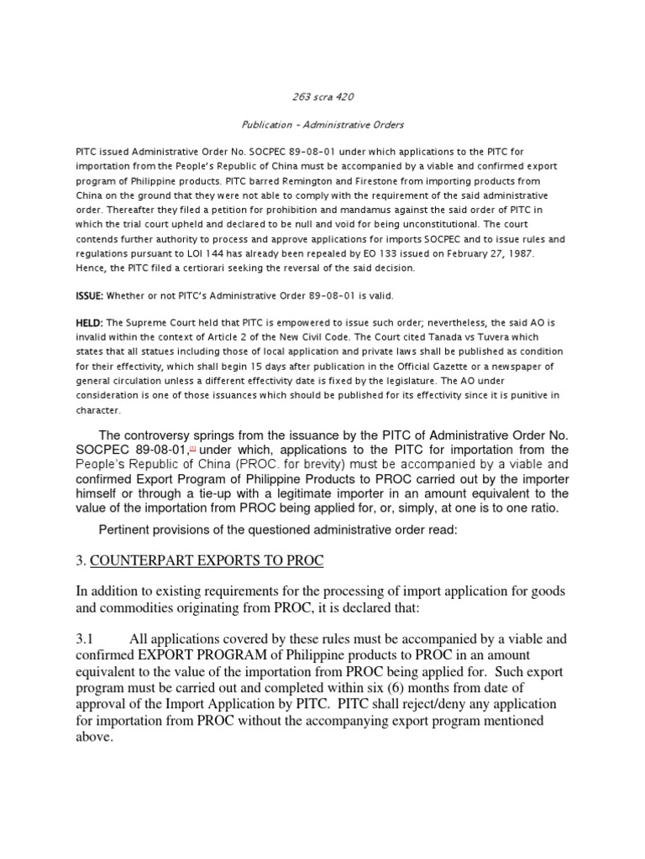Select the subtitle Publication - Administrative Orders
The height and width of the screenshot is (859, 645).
pyautogui.click(x=322, y=125)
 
